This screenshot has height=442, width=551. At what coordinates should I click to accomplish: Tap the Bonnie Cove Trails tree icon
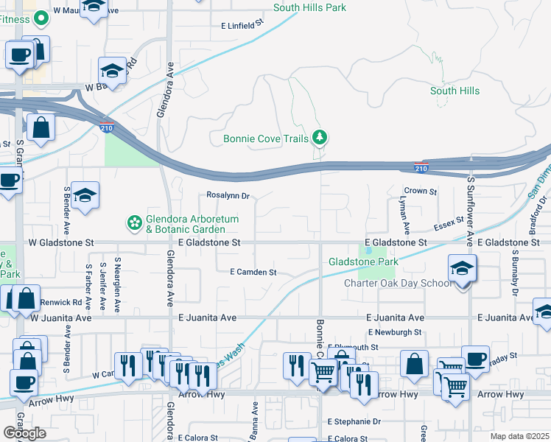pos(320,137)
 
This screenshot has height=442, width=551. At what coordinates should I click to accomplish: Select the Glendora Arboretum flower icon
pos(134,222)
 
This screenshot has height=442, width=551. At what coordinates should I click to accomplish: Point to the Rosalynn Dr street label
pos(228,197)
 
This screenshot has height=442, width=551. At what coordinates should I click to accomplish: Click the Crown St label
pos(421,191)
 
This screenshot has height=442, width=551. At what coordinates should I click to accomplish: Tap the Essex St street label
pos(449,220)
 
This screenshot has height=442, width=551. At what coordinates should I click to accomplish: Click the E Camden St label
pos(253,272)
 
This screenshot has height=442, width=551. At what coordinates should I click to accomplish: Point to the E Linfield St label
pos(242,25)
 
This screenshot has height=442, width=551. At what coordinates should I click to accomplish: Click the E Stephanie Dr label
pos(357,422)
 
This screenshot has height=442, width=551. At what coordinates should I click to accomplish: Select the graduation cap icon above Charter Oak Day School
pos(462,269)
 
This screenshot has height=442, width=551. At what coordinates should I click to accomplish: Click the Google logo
pos(24,432)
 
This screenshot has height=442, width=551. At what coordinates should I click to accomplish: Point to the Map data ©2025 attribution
pos(520,436)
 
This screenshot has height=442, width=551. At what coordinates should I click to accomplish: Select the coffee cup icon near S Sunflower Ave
pos(475,360)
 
